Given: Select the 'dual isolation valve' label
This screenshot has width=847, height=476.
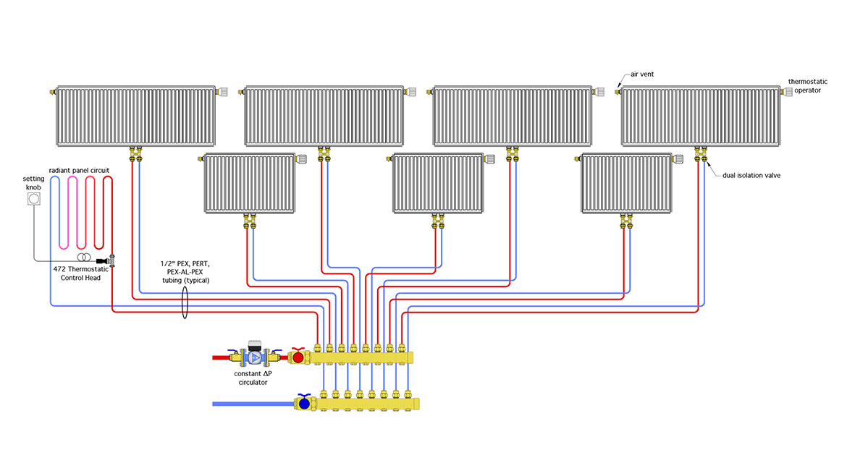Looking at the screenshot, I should coord(751,175).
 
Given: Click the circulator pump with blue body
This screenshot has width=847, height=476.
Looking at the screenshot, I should coord(254,356).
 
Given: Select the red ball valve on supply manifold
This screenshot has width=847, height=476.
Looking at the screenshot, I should coord(298,356).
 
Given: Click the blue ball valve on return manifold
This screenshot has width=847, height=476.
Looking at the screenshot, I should coord(304,403).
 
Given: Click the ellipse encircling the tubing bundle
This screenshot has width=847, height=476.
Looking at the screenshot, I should coord(185,302).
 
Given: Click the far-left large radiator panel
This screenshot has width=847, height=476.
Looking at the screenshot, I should coord(135,116).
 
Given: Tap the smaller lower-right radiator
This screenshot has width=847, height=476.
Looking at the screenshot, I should coord(627,184).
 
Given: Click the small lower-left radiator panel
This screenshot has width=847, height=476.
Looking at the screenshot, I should coord(250,184).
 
